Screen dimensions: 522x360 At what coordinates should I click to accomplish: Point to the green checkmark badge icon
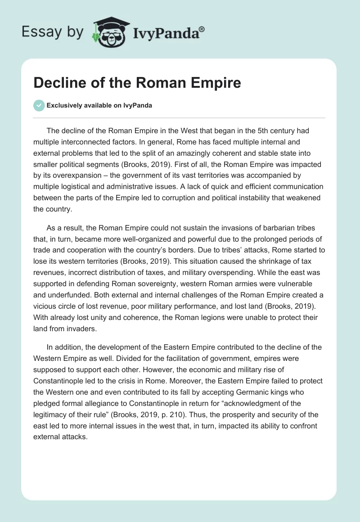click(39, 105)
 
